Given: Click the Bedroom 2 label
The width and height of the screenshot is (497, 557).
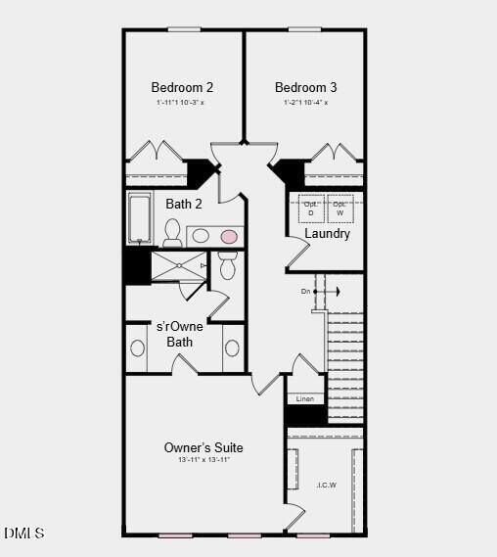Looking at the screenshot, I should point(182,87).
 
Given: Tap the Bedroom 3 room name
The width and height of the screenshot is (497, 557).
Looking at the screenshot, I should point(305,87).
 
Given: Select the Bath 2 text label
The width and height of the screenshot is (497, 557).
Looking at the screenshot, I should point(184,204).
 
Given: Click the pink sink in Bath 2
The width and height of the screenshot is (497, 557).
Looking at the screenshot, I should point(229,236).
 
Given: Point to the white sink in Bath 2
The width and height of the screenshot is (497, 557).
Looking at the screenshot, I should point(200,236).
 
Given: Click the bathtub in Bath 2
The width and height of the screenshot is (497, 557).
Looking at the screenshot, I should point(140,217).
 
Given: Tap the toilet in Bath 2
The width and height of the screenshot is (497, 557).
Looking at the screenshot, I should point(172,232).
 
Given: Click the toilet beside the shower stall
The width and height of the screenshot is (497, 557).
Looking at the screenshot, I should point(227,264).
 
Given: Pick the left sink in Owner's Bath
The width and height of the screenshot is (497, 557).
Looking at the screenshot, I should point(138,348).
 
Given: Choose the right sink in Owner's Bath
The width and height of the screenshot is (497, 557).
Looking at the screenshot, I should point(232,348).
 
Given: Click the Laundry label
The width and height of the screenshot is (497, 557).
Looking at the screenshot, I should point(327,234).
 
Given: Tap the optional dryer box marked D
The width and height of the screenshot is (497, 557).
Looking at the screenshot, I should point(310,209).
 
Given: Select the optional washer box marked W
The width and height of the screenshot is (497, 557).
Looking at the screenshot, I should point(339,209).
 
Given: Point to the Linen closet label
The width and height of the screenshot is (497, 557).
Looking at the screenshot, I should point(304,399).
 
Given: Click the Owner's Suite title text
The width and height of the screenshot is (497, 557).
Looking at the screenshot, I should point(203,447).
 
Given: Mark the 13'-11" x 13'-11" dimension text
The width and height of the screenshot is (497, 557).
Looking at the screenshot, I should point(203,460).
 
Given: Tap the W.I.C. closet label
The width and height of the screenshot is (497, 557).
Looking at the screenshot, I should point(326,484).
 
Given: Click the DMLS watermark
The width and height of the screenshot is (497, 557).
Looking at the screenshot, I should point(24,534).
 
